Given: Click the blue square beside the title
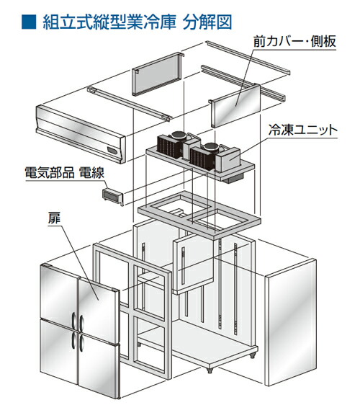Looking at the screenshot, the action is (x=29, y=22).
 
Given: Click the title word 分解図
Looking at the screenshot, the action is (x=207, y=22).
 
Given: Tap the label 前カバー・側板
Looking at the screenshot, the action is (x=294, y=41).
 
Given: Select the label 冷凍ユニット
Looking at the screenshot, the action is (x=302, y=130).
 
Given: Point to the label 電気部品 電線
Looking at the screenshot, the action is (x=64, y=172).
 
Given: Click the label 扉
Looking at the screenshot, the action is (x=54, y=218).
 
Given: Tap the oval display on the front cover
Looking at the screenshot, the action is (x=112, y=151).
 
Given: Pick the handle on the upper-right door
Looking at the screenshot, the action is (x=81, y=323).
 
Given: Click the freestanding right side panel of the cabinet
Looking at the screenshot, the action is (x=291, y=322).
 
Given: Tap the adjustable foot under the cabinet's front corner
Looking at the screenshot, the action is (x=210, y=370).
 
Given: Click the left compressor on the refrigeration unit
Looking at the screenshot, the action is (x=176, y=135).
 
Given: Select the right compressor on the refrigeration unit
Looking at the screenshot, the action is (x=211, y=147).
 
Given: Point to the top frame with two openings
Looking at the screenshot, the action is (x=199, y=215).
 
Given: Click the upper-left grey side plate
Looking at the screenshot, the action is (x=158, y=74).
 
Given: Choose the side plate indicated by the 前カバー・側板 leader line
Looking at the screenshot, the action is (x=235, y=105).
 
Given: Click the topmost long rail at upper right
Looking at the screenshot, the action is (x=248, y=58).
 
